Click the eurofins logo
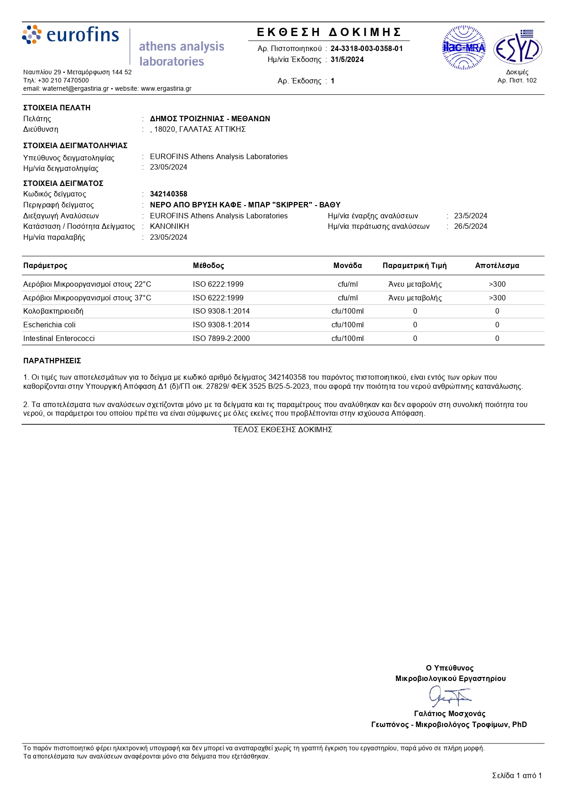click(x=71, y=35)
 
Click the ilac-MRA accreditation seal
click(x=464, y=47)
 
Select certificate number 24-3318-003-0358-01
click(x=367, y=48)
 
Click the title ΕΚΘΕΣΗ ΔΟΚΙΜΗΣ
click(x=329, y=32)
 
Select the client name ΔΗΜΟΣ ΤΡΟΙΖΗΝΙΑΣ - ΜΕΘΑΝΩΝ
click(x=210, y=119)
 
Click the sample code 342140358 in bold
click(x=169, y=194)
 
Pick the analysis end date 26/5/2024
click(x=471, y=226)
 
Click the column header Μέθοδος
click(x=208, y=265)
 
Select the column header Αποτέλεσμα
click(x=497, y=265)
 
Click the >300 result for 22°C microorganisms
click(x=497, y=284)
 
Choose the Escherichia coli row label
click(x=49, y=325)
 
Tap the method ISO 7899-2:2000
click(x=221, y=338)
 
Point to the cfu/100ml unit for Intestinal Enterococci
click(x=348, y=338)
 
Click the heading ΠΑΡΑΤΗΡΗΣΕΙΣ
click(x=52, y=361)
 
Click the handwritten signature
click(x=449, y=696)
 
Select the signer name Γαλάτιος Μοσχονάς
click(x=450, y=713)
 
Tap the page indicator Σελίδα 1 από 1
click(x=517, y=775)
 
